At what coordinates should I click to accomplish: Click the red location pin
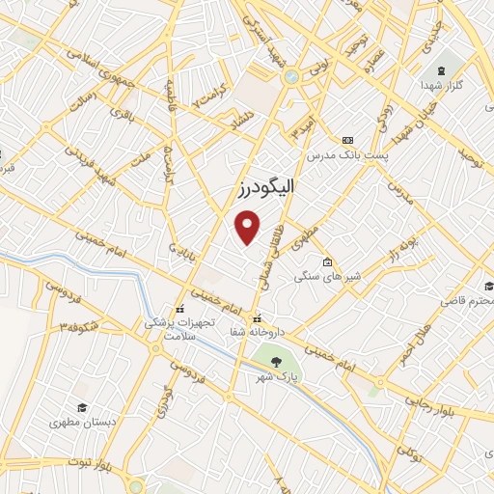[x=248, y=227]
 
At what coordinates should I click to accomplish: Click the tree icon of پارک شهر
[x=278, y=362]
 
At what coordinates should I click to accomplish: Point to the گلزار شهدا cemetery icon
[x=442, y=71]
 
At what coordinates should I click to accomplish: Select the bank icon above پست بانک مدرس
[x=346, y=140]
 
